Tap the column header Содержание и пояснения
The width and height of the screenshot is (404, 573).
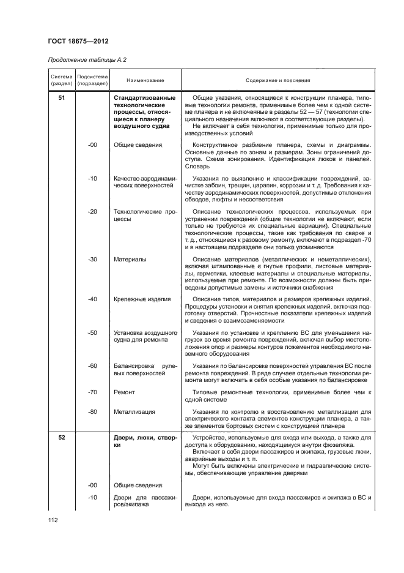[277, 80]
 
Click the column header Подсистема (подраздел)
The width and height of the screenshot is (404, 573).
[92, 80]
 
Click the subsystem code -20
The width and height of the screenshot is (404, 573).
[93, 211]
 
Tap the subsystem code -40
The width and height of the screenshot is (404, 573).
[93, 299]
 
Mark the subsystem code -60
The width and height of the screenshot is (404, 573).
[93, 365]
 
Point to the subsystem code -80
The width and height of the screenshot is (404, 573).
[93, 411]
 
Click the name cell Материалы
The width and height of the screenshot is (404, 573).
[130, 259]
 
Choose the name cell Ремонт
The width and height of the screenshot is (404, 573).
[124, 392]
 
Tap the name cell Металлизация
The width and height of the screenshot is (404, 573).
[134, 411]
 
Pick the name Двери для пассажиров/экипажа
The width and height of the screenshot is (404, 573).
[145, 501]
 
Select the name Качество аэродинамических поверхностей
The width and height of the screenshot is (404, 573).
[145, 182]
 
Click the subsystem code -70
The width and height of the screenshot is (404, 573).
[93, 392]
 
